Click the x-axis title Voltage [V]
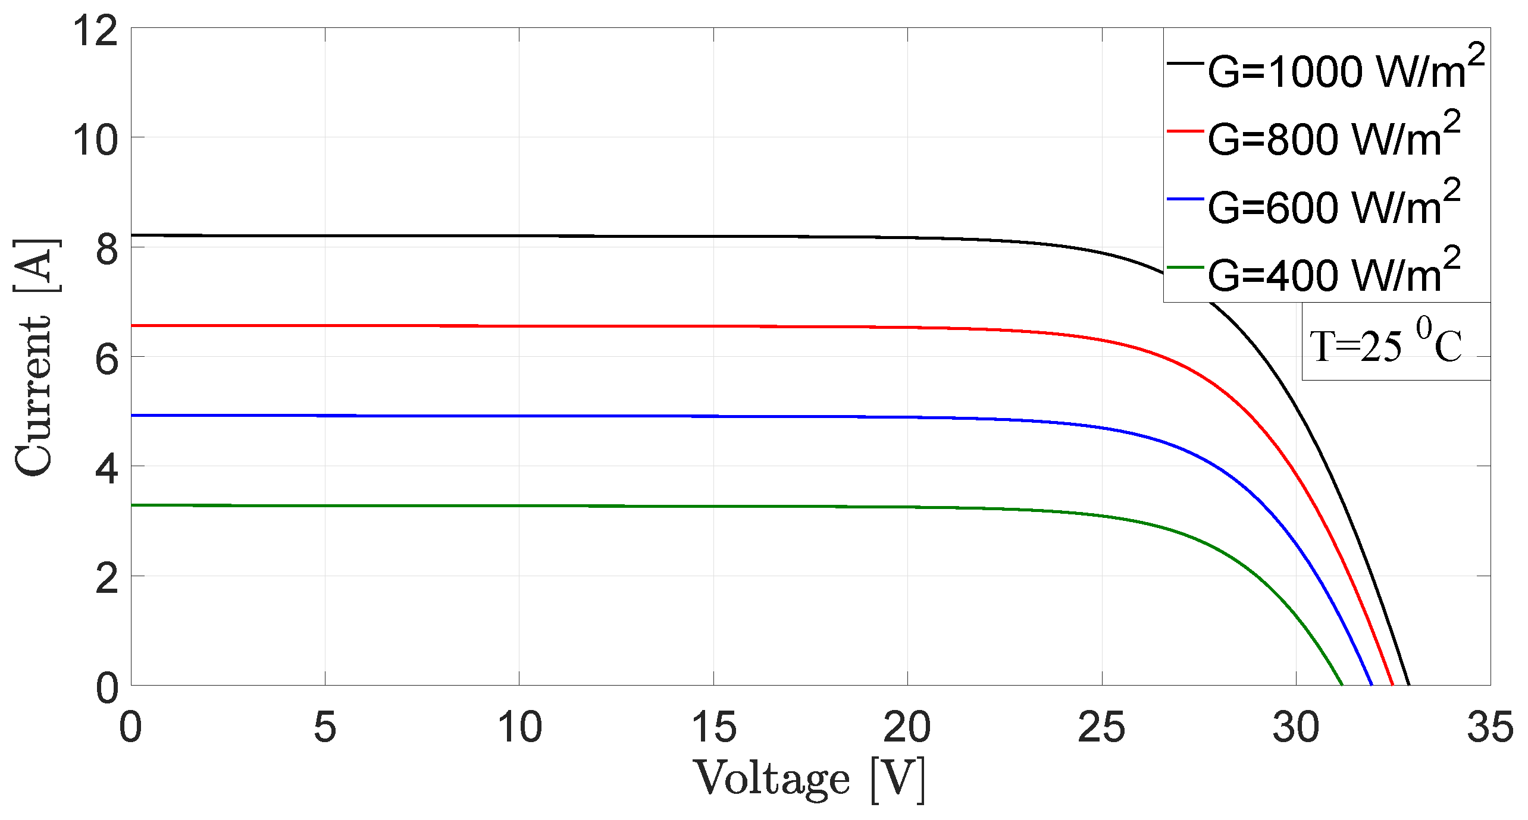pyautogui.click(x=809, y=779)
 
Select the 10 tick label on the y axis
pyautogui.click(x=95, y=140)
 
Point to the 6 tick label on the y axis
pyautogui.click(x=107, y=359)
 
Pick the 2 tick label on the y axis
pyautogui.click(x=107, y=578)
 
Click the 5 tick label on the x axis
pyautogui.click(x=325, y=727)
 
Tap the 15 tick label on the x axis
pyautogui.click(x=713, y=727)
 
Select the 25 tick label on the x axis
pyautogui.click(x=1101, y=727)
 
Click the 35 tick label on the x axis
pyautogui.click(x=1490, y=727)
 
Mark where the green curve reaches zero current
pyautogui.click(x=1342, y=684)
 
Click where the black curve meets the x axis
pyautogui.click(x=1409, y=684)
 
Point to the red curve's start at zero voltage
pyautogui.click(x=131, y=325)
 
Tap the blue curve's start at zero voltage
pyautogui.click(x=131, y=415)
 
